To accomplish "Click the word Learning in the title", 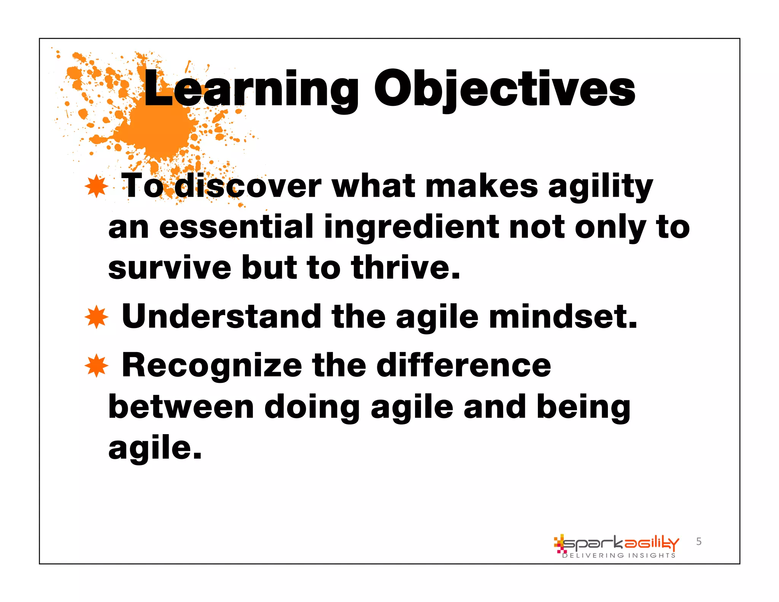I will click(251, 89).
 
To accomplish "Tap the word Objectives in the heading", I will click(504, 89).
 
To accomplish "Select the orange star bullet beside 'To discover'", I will click(97, 186).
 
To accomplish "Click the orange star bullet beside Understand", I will click(97, 317).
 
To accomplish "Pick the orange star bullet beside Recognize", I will click(97, 365).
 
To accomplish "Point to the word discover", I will click(248, 186).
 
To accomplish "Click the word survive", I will click(170, 268).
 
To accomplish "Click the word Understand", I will click(221, 317).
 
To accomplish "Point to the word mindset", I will click(563, 317).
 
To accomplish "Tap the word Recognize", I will click(212, 365).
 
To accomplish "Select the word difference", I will click(464, 365).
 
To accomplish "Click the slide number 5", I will click(699, 541).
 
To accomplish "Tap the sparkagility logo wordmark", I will click(620, 543).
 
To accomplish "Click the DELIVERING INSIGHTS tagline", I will click(619, 556).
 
